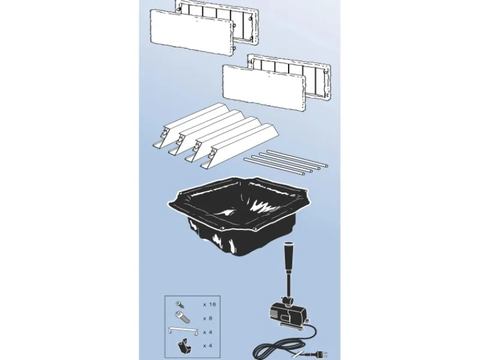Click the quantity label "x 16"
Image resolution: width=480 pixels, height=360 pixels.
pos(209,305)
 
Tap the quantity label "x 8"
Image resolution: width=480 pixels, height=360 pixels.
pos(208,319)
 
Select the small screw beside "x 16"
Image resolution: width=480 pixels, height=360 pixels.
pos(179,305)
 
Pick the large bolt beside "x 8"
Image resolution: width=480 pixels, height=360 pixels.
pos(182,317)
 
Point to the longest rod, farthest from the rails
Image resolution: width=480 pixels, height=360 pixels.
pos(297,158)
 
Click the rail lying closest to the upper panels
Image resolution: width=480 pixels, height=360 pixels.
pos(196,125)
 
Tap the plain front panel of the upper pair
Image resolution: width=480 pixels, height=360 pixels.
pos(192,32)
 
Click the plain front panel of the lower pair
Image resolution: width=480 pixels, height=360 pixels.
pos(264,88)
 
